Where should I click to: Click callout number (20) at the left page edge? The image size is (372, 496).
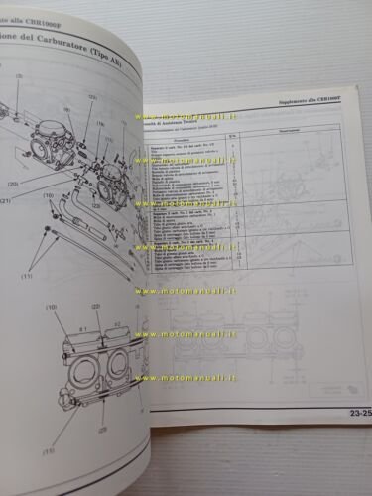click(x=13, y=185)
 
